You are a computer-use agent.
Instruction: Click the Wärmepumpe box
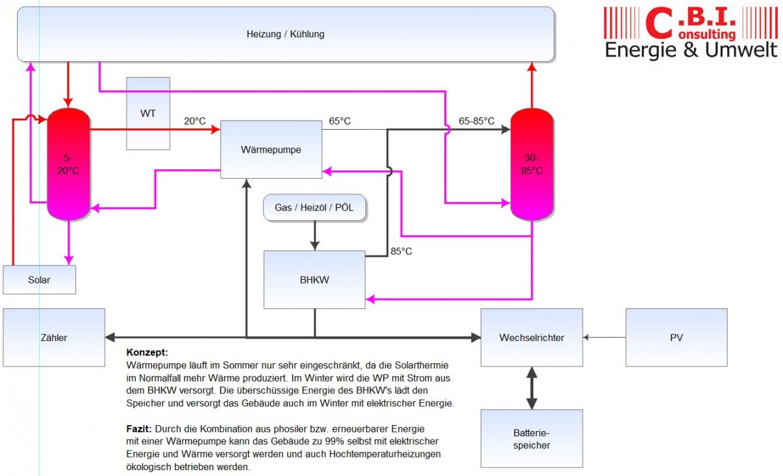pos(271,149)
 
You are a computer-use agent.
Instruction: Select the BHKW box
pos(314,280)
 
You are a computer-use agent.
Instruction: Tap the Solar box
pos(39,280)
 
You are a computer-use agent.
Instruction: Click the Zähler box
pos(54,337)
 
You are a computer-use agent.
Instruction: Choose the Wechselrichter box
pos(531,337)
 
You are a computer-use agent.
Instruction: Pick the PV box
pos(676,337)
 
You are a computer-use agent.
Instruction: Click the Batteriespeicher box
pos(531,438)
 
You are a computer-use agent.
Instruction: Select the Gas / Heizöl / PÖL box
pos(315,207)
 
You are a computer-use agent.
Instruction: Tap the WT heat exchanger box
pos(148,113)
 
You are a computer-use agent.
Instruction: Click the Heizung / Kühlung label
pos(285,34)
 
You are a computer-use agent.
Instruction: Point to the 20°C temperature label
pos(194,121)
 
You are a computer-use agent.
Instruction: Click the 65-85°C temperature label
pos(476,121)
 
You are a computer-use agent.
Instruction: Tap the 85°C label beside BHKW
pos(401,251)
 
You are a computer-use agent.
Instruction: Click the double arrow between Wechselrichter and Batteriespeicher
pos(531,388)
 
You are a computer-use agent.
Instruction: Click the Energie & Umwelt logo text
pos(691,50)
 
